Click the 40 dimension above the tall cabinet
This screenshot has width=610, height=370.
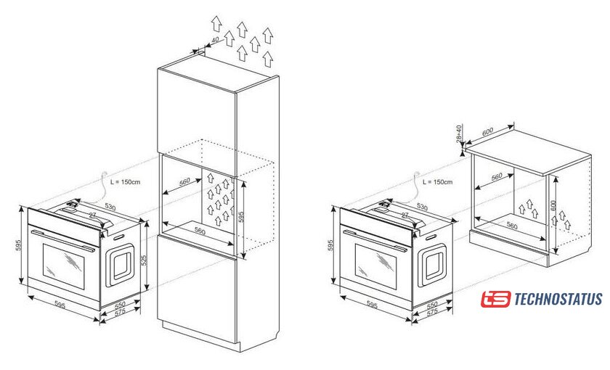[x=215, y=40]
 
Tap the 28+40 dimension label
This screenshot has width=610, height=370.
[x=459, y=133]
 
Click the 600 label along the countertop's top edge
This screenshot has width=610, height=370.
[x=487, y=132]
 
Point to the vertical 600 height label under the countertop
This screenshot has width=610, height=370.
[x=553, y=206]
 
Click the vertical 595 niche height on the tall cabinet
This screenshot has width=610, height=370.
[x=241, y=217]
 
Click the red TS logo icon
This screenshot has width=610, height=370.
[x=495, y=299]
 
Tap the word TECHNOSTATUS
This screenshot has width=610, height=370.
[x=558, y=299]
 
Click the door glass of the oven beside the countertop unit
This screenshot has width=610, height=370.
[x=376, y=266]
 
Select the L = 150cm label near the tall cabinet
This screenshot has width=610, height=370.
[x=125, y=182]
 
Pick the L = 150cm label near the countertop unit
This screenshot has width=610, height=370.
[x=438, y=182]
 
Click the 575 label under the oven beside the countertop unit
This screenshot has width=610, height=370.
[x=432, y=312]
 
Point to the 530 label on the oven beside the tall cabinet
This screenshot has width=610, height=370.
[x=110, y=207]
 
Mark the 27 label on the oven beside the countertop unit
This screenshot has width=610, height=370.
[x=405, y=215]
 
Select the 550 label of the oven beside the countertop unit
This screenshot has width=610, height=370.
[x=432, y=304]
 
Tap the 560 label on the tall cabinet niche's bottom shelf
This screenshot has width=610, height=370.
[x=200, y=231]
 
